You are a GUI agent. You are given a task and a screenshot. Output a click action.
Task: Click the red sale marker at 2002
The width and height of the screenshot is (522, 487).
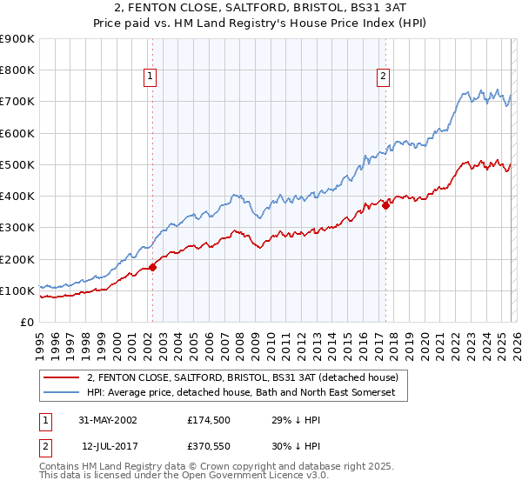tap(152, 267)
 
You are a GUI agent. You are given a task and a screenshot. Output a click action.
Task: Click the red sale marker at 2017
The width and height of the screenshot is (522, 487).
tap(385, 205)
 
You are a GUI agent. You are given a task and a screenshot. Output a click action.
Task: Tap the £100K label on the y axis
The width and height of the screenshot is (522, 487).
tap(18, 290)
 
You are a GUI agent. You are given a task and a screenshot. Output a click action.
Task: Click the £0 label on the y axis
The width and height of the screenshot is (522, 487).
tap(27, 322)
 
